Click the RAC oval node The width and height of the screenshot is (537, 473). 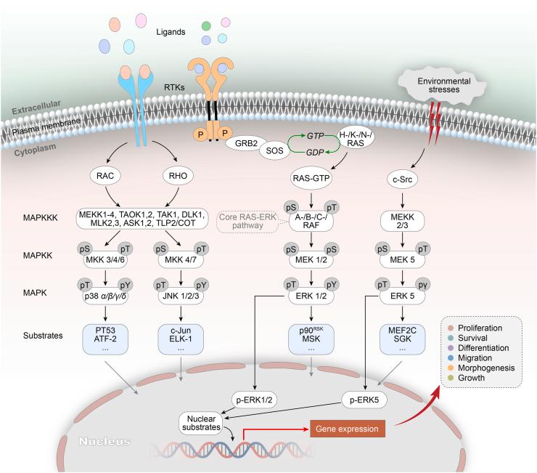tap(104, 176)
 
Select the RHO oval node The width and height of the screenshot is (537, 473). tap(178, 176)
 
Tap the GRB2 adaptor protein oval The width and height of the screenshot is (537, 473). tap(246, 143)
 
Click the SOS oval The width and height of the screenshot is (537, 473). tap(274, 151)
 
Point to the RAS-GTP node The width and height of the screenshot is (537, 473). tap(311, 178)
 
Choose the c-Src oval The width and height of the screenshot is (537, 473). tap(403, 179)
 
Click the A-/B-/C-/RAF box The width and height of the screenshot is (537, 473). tap(311, 221)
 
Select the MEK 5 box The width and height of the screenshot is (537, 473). tap(403, 259)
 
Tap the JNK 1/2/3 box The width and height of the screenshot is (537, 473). tap(181, 296)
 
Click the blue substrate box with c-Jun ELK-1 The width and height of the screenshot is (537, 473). tap(181, 339)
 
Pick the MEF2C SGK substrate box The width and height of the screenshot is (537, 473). tap(403, 339)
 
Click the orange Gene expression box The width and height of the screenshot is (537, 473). tap(348, 429)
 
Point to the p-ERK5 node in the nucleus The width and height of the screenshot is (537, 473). tap(364, 400)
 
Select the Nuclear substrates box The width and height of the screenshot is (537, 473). tap(201, 424)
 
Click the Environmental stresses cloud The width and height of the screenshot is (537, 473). tap(443, 85)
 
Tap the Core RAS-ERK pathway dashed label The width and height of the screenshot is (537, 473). tap(247, 221)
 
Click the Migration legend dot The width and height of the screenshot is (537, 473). tap(451, 358)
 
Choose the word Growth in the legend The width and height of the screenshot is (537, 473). tap(471, 378)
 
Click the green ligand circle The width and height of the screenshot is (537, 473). tap(206, 25)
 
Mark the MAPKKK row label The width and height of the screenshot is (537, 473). tap(41, 218)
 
